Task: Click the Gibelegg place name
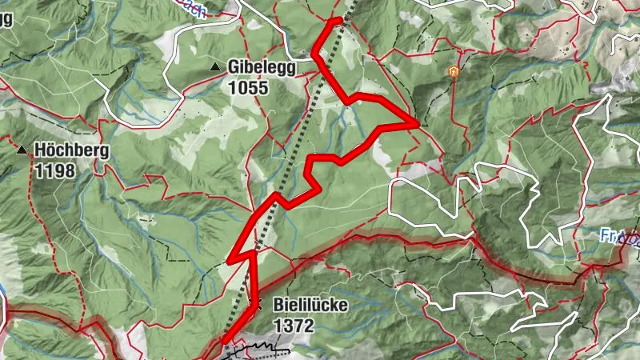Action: click(262, 68)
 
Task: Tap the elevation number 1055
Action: click(247, 88)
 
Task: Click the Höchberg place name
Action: click(70, 150)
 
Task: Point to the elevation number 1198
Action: click(54, 170)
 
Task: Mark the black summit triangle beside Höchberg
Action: click(22, 150)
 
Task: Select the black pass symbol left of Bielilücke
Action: click(255, 304)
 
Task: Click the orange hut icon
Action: click(453, 72)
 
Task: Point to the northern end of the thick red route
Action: click(340, 19)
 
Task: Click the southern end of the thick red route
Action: click(223, 342)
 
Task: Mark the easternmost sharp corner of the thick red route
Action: click(418, 123)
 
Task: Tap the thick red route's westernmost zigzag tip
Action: click(230, 261)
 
